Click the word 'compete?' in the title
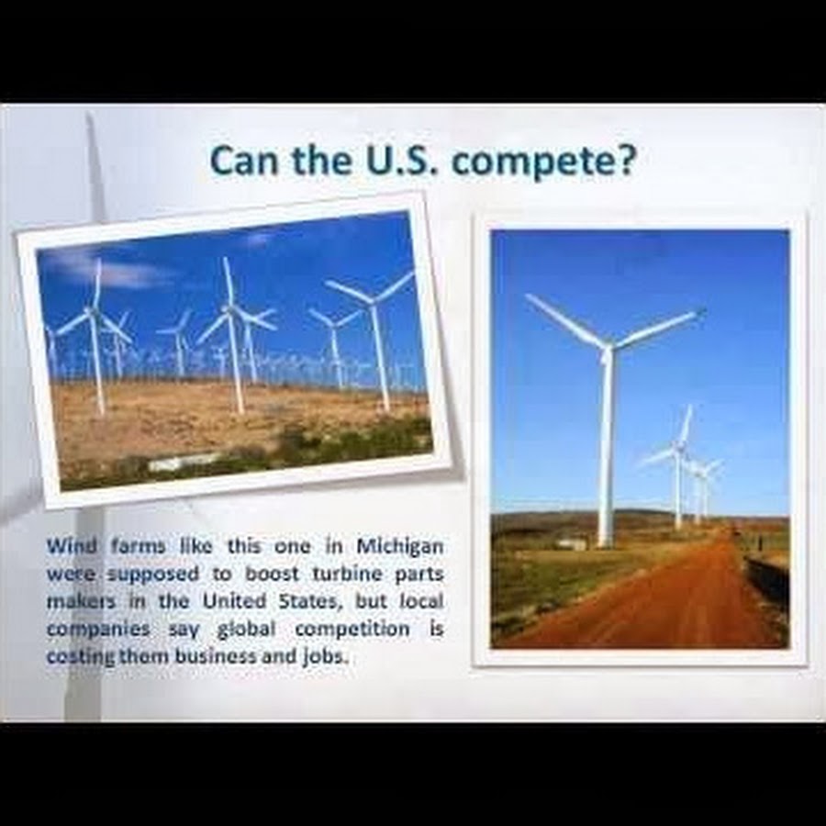(x=544, y=162)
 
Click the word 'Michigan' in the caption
(x=400, y=547)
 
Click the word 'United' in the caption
(x=235, y=601)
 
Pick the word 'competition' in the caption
(x=352, y=629)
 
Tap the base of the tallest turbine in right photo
(x=604, y=543)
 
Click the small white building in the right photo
(x=572, y=543)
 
